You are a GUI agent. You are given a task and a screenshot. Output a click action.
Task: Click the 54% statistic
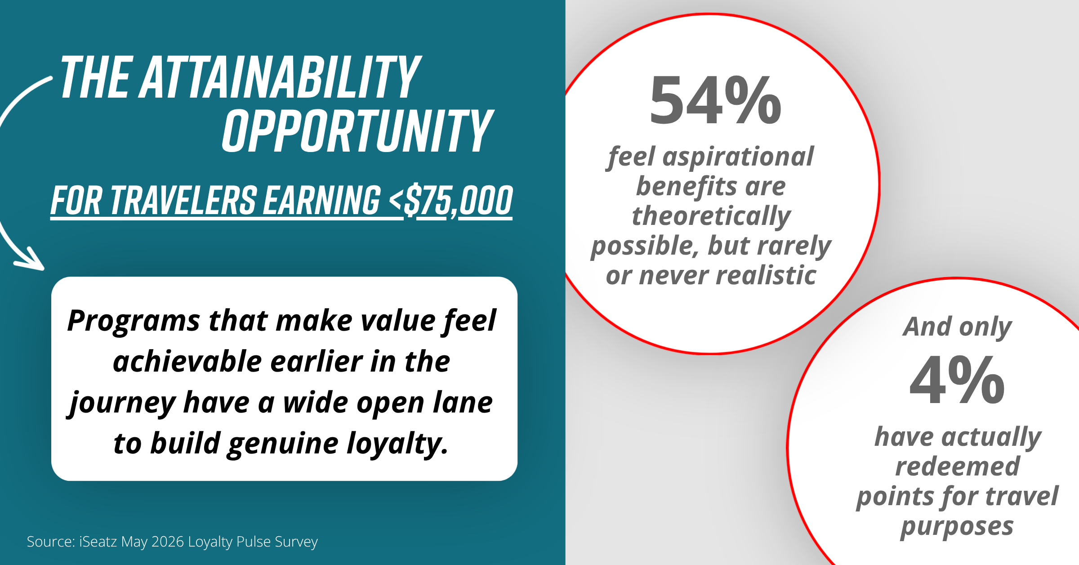click(x=716, y=100)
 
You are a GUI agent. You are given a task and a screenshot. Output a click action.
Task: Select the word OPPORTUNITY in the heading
click(x=358, y=130)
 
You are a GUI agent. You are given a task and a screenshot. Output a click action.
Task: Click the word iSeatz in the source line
click(x=98, y=542)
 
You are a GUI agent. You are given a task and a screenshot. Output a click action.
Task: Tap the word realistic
click(x=766, y=275)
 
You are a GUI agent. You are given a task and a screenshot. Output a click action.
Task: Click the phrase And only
click(x=957, y=327)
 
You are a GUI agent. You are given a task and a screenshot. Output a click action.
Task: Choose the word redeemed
click(x=958, y=466)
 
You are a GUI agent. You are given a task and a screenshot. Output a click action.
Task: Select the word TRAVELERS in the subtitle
click(x=184, y=200)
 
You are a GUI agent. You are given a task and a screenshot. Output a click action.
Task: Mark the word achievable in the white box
click(x=187, y=362)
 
